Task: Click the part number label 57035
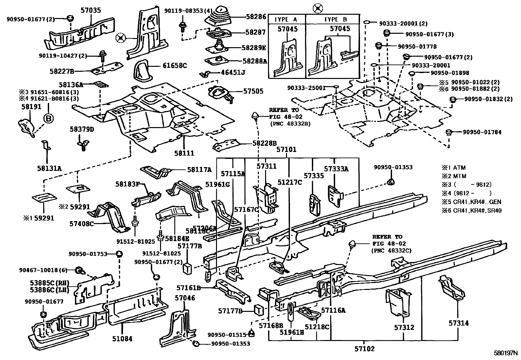pyautogui.click(x=91, y=10)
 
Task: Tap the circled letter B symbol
pyautogui.click(x=48, y=119)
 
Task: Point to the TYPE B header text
pyautogui.click(x=336, y=19)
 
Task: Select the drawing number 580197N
pyautogui.click(x=506, y=354)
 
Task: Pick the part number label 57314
pyautogui.click(x=458, y=323)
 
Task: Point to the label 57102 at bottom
pyautogui.click(x=364, y=349)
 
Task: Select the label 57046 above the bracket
pyautogui.click(x=185, y=298)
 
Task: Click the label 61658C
pyautogui.click(x=174, y=66)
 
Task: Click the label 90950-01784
pyautogui.click(x=482, y=132)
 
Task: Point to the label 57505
pyautogui.click(x=253, y=91)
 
